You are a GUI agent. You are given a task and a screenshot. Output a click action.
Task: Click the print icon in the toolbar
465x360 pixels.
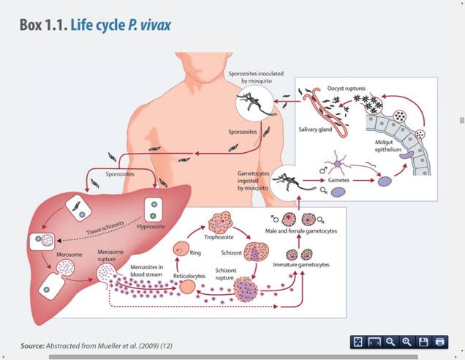[x=440, y=342]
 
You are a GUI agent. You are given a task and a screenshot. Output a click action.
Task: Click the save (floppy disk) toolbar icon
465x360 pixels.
[x=424, y=342]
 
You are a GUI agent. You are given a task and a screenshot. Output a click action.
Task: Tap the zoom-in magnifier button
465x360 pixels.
[x=407, y=342]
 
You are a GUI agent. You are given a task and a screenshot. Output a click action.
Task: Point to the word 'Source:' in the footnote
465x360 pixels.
[x=32, y=345]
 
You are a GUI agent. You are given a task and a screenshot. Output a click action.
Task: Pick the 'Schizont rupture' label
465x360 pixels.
[x=227, y=274]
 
